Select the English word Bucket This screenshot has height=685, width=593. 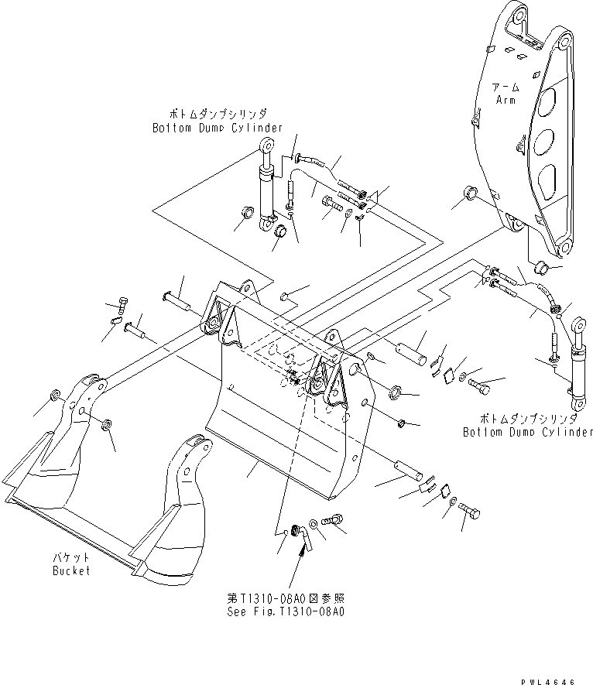click(x=71, y=570)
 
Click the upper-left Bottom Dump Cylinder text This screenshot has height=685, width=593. click(x=217, y=128)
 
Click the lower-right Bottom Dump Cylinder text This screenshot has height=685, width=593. click(x=527, y=431)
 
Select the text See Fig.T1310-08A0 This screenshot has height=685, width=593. click(x=285, y=611)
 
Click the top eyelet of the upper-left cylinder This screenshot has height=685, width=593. click(x=266, y=145)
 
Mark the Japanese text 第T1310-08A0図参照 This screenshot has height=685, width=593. click(x=285, y=598)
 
